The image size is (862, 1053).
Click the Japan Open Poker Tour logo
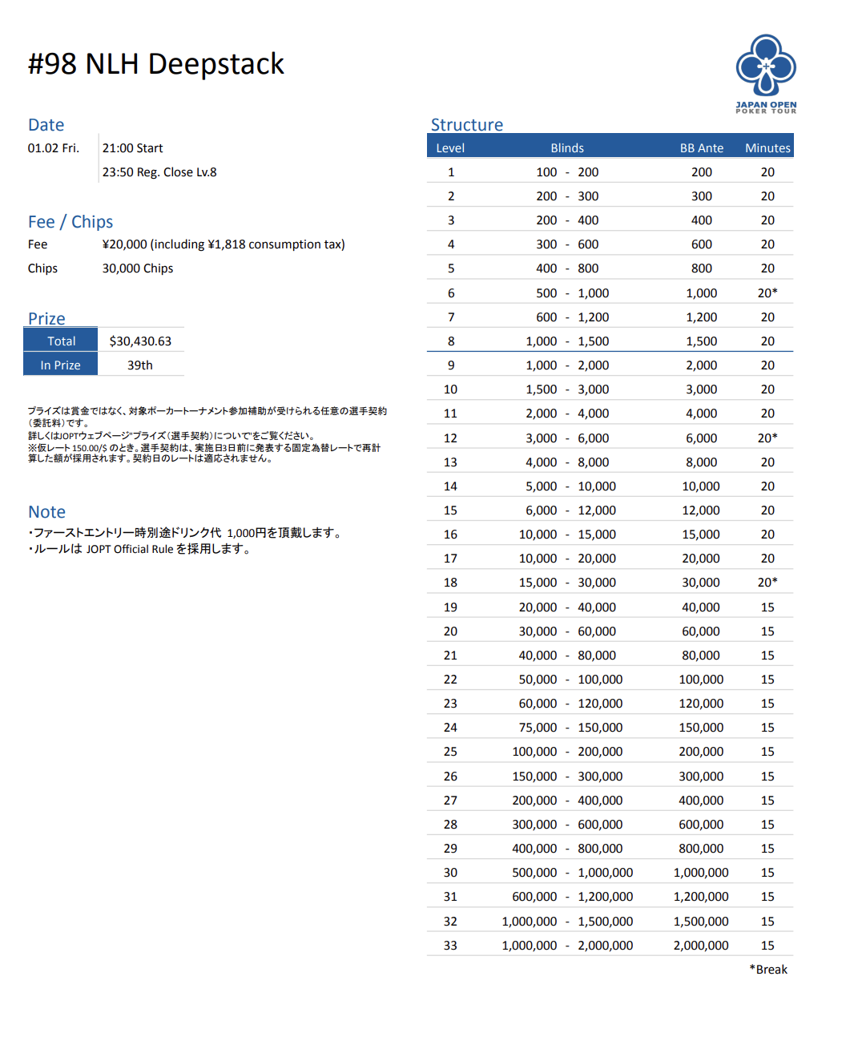coord(766,73)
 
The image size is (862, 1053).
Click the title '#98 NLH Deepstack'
coord(156,64)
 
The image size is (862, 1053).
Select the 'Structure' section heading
coord(467,125)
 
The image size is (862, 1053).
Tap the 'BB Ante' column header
coord(701,148)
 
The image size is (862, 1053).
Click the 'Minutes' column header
coord(767,148)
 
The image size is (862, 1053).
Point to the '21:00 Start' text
coord(132,148)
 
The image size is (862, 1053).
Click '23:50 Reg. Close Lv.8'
coord(159,172)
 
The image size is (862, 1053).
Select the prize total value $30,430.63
coord(140,341)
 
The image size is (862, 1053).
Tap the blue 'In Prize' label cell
coord(61,365)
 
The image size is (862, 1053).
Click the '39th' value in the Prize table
coord(140,365)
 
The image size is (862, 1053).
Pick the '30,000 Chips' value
coord(138,268)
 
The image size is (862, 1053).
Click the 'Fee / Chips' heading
coord(70,222)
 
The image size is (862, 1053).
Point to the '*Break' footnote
coord(768,970)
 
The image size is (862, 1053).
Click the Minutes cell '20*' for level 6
coord(767,293)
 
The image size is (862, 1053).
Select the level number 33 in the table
coord(450,946)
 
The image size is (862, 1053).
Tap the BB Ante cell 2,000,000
coord(701,946)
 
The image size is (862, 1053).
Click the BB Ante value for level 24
coord(701,728)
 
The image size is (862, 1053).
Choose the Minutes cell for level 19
coord(767,607)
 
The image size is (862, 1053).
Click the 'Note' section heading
coord(47,512)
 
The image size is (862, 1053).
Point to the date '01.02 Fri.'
coord(54,148)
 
